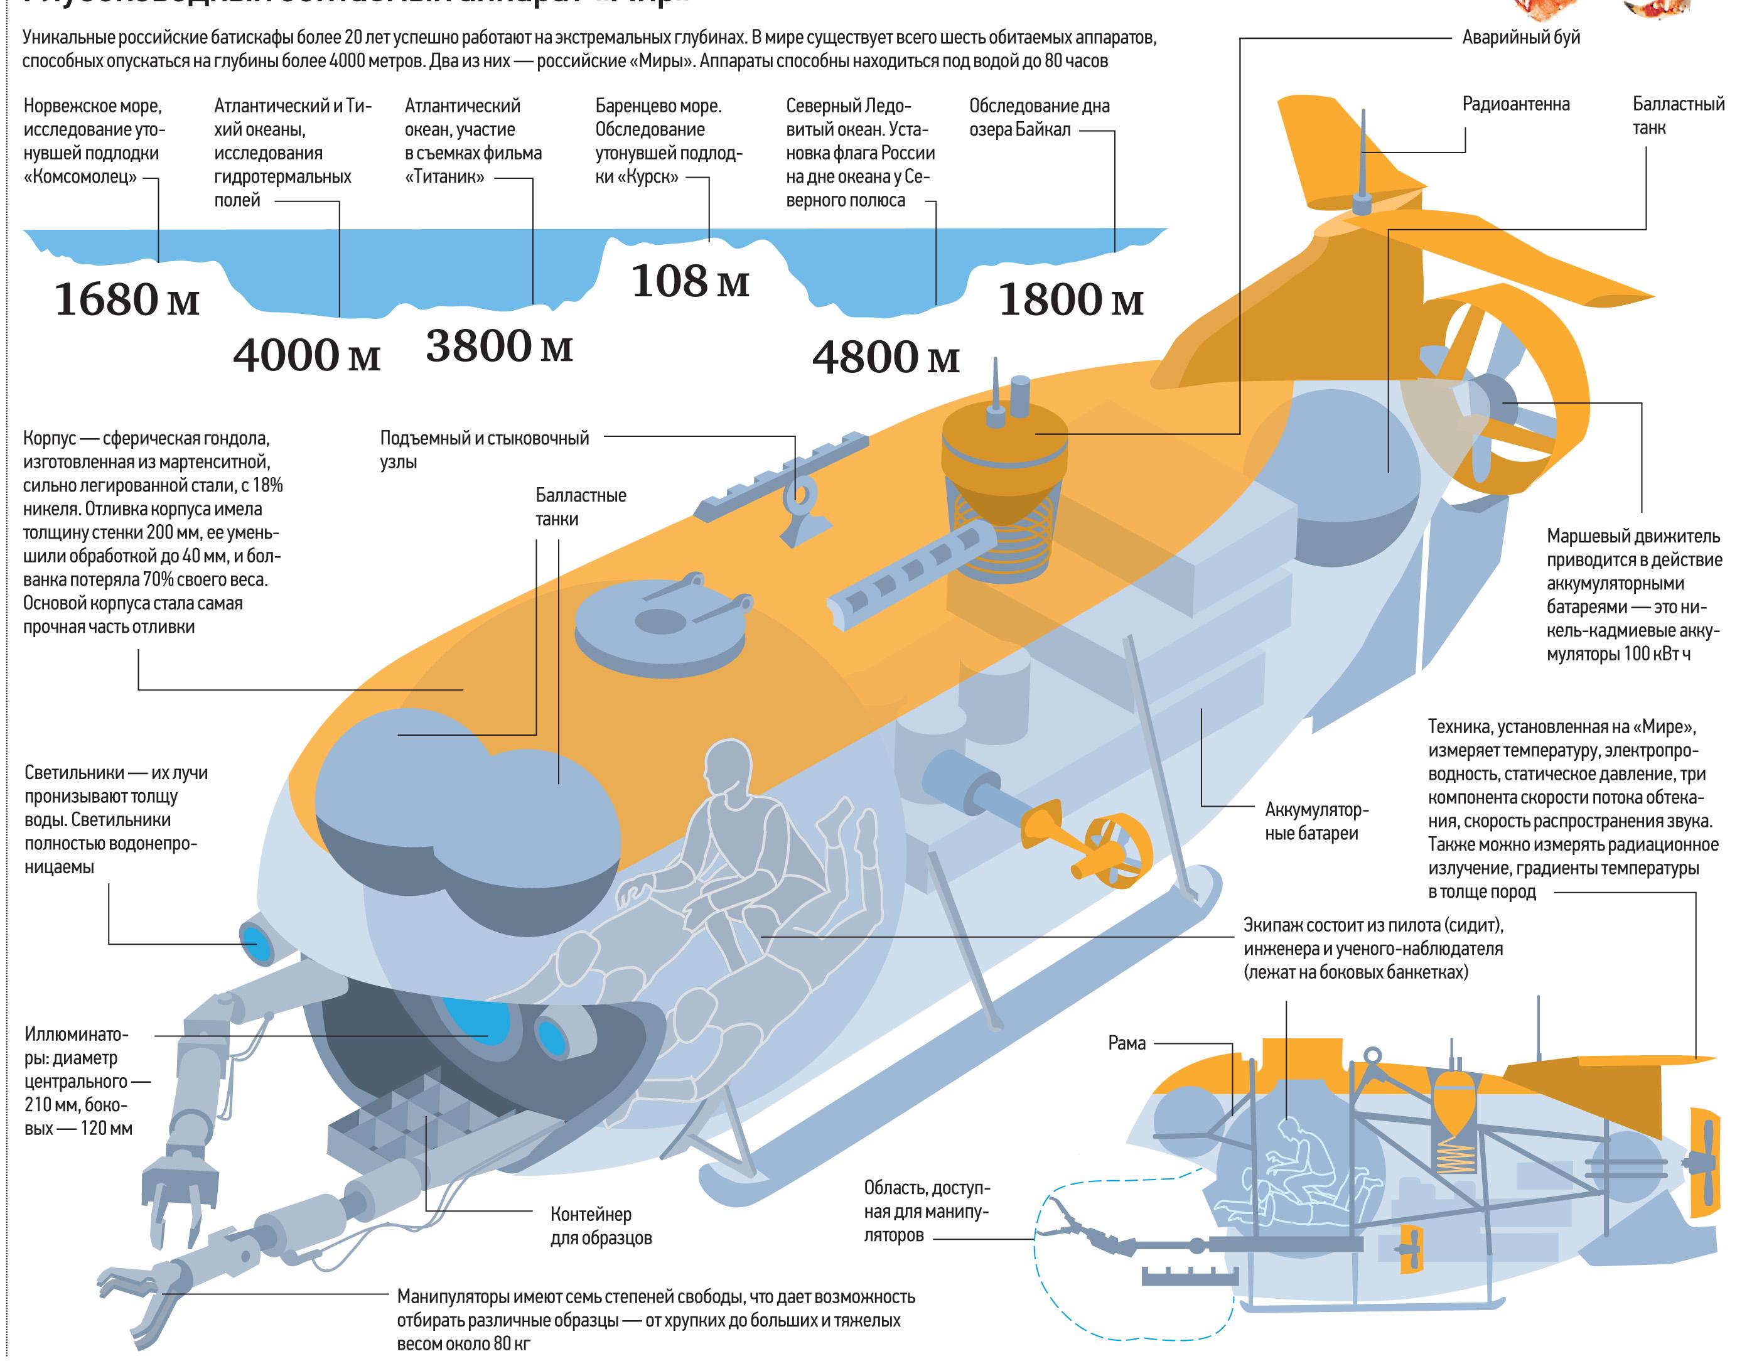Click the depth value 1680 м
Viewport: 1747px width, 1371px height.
(127, 299)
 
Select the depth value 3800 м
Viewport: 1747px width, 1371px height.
(499, 346)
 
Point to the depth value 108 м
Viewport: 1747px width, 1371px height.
(690, 281)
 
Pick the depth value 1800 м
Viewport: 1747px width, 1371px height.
(1070, 300)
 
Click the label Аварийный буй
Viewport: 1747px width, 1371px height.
(1521, 37)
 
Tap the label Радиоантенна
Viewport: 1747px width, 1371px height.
(1516, 104)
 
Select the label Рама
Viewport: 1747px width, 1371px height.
(1127, 1043)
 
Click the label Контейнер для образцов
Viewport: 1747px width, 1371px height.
(601, 1226)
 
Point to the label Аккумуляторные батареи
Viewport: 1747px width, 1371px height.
(1316, 821)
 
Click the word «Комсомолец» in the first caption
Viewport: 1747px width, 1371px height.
(80, 176)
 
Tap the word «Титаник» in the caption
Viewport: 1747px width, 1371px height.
(444, 176)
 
